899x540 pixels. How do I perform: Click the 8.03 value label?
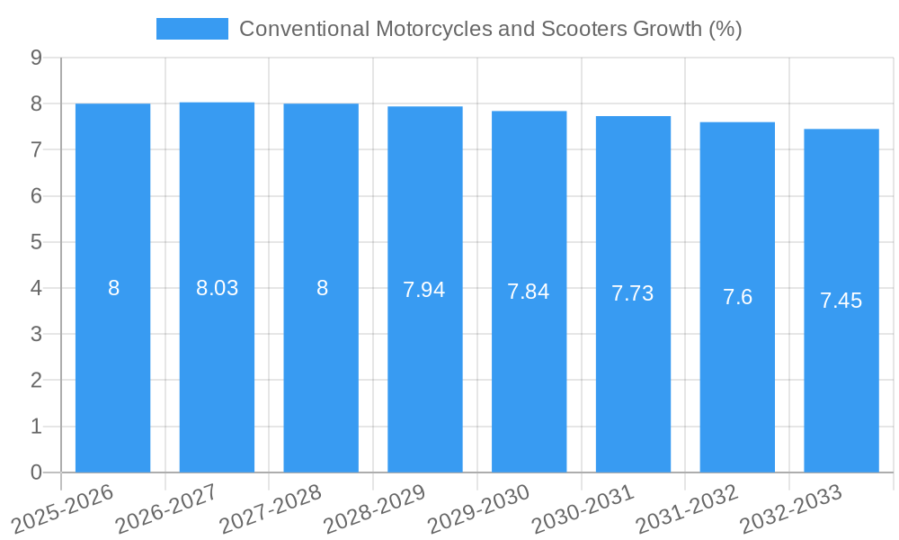pyautogui.click(x=217, y=288)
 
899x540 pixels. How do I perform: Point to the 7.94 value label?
pyautogui.click(x=424, y=290)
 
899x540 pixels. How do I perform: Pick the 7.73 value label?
pyautogui.click(x=633, y=293)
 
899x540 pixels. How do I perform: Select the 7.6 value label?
pyautogui.click(x=737, y=297)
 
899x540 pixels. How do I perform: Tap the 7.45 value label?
pyautogui.click(x=841, y=301)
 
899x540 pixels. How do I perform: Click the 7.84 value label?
pyautogui.click(x=529, y=292)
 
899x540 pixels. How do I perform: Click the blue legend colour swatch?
pyautogui.click(x=192, y=29)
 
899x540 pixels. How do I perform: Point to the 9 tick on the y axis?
pyautogui.click(x=36, y=58)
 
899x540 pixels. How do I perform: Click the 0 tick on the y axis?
pyautogui.click(x=36, y=472)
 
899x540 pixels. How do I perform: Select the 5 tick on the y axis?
pyautogui.click(x=36, y=242)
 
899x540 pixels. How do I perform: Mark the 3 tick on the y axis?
pyautogui.click(x=36, y=334)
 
